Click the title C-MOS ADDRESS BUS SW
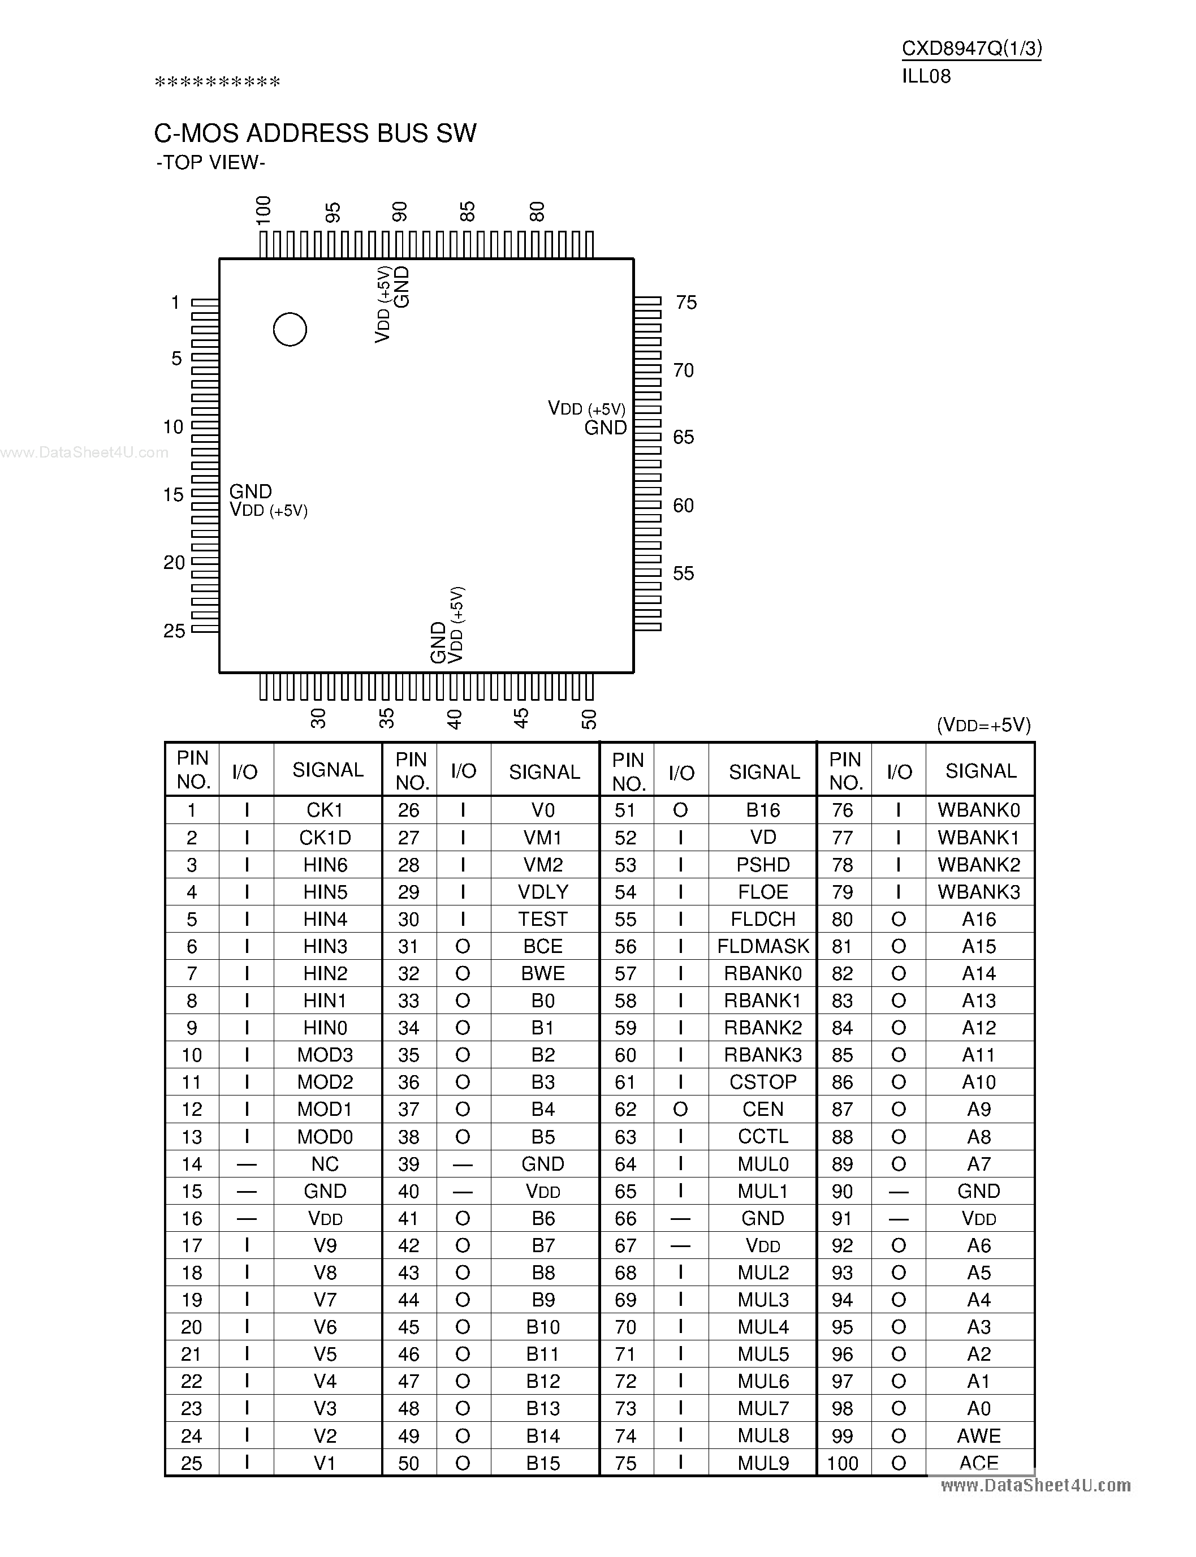[x=316, y=133]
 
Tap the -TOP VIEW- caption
[x=211, y=163]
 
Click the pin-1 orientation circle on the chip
[x=290, y=330]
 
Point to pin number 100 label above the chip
[x=264, y=211]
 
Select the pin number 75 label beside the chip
[x=685, y=303]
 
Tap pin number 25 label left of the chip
[x=174, y=631]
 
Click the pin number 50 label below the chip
[x=589, y=719]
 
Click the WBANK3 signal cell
[x=979, y=892]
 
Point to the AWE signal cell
[x=979, y=1436]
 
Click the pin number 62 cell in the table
[x=625, y=1109]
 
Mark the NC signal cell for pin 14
[x=325, y=1164]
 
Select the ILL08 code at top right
[x=926, y=76]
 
